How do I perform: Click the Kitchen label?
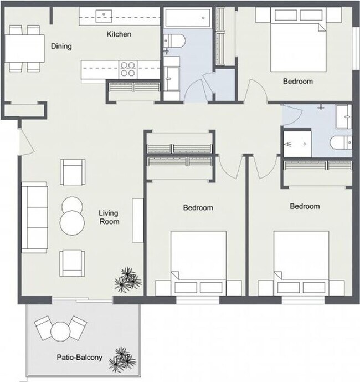coord(119,34)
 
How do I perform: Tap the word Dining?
coord(61,47)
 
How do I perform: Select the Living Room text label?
coord(109,217)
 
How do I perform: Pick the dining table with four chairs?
coord(25,48)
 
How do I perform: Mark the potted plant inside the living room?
coord(127,279)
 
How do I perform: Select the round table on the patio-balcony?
coord(59,332)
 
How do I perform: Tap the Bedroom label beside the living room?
coord(198,208)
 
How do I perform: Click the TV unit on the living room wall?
coord(136,218)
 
